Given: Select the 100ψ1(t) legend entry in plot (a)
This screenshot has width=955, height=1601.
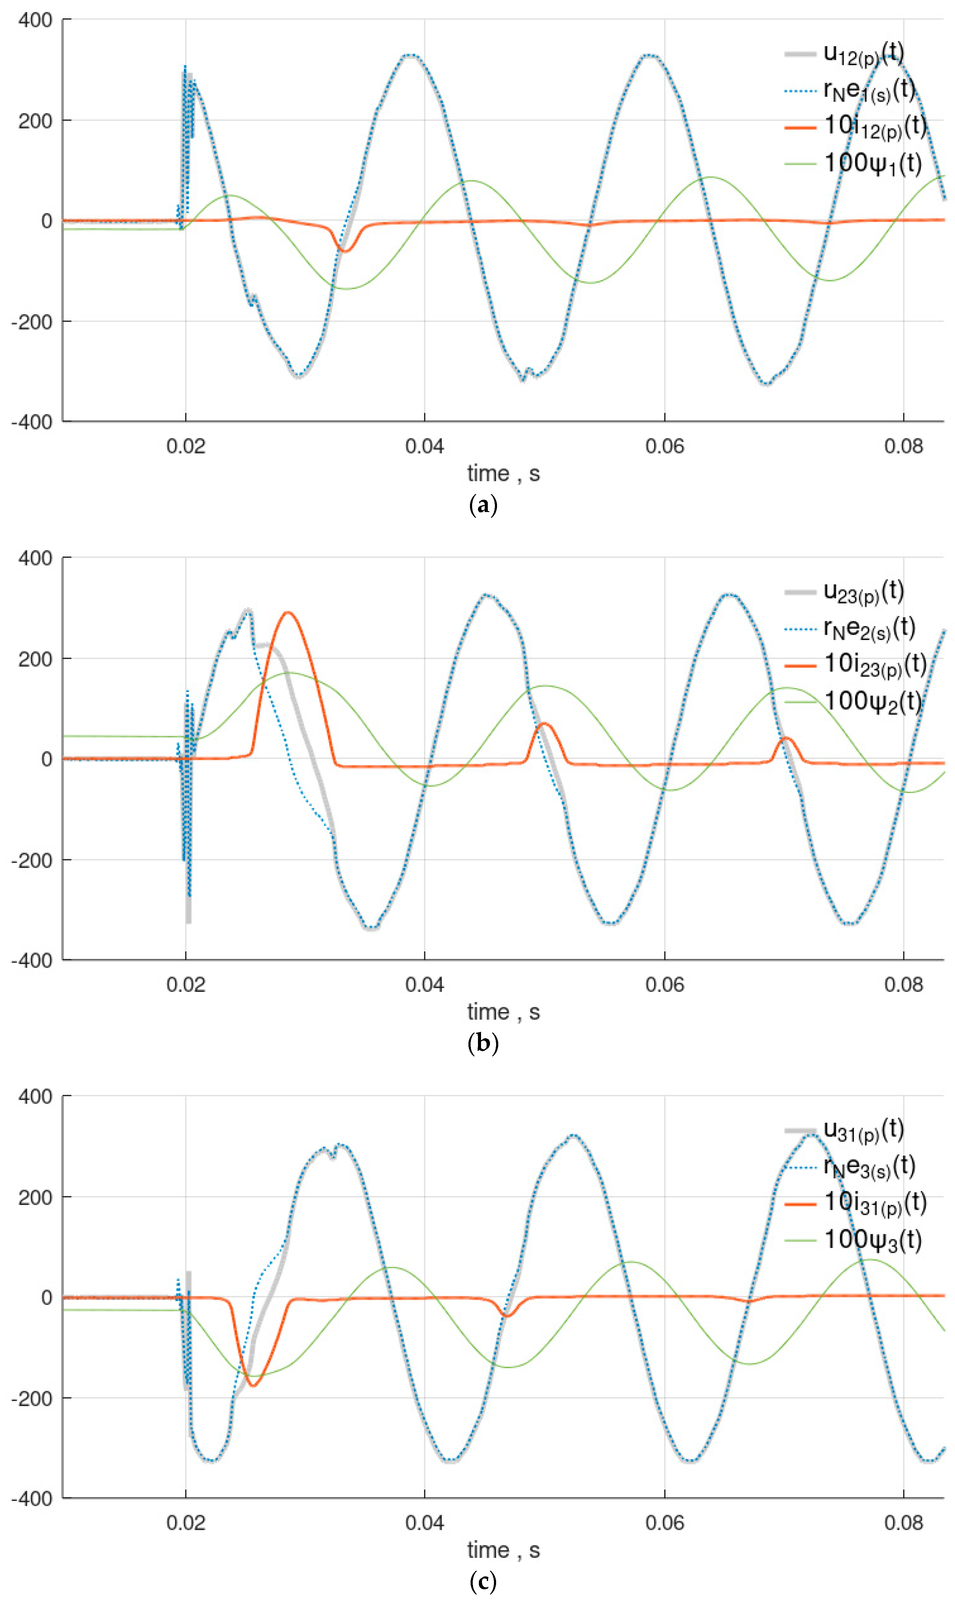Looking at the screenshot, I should click(x=872, y=164).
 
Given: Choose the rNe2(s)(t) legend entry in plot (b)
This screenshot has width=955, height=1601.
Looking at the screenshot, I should click(x=869, y=628).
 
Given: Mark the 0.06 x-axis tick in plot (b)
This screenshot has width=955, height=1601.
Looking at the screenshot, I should click(x=664, y=984).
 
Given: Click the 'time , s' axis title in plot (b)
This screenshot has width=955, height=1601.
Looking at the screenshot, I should click(x=503, y=1012).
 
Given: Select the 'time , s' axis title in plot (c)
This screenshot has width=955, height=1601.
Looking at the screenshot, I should click(x=503, y=1550).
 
